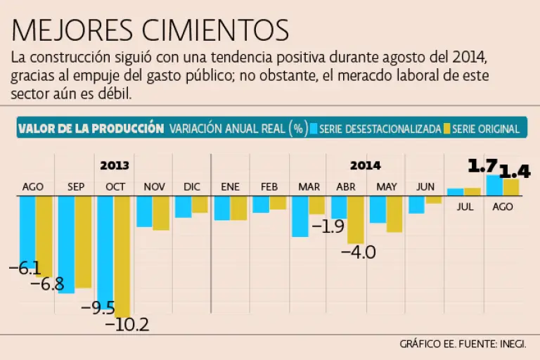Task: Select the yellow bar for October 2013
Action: click(122, 256)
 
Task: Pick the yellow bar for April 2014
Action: click(356, 219)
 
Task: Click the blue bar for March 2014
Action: click(300, 216)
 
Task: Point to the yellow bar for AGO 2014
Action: click(511, 187)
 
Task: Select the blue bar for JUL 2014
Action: click(456, 191)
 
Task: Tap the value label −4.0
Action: click(358, 252)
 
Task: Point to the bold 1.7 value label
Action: click(482, 166)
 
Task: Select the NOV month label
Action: click(154, 186)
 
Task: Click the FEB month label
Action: click(269, 186)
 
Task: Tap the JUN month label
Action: click(425, 186)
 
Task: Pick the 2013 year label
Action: click(114, 165)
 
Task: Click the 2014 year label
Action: click(365, 165)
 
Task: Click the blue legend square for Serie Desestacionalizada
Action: click(314, 129)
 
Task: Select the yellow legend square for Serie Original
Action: click(446, 129)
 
